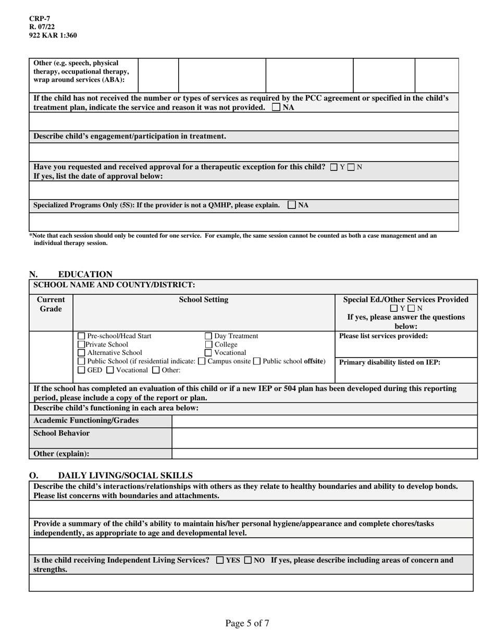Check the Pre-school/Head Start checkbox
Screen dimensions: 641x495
(x=81, y=336)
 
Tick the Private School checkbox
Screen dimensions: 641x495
(x=81, y=344)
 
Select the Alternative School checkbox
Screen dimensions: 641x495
(x=81, y=353)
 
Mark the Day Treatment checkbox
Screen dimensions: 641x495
(x=208, y=336)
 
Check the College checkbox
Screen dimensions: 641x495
(x=208, y=344)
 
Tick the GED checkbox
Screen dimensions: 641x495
(x=81, y=370)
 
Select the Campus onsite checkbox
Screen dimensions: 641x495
(x=202, y=361)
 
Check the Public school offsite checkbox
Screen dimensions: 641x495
(x=256, y=361)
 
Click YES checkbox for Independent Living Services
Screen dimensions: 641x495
(x=220, y=560)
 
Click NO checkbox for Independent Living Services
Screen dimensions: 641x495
(x=248, y=560)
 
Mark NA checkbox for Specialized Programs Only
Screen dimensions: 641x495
(x=292, y=205)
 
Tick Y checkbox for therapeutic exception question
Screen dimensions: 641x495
(x=334, y=167)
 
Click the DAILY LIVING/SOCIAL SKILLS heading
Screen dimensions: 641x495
(x=125, y=475)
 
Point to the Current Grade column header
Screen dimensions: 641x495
(x=51, y=304)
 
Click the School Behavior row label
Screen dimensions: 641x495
(x=61, y=434)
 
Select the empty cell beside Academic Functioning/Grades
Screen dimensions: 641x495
(x=324, y=421)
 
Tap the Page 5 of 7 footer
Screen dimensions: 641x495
(x=247, y=623)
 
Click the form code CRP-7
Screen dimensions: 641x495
(x=40, y=19)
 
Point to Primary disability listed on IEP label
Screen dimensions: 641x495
(x=389, y=362)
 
